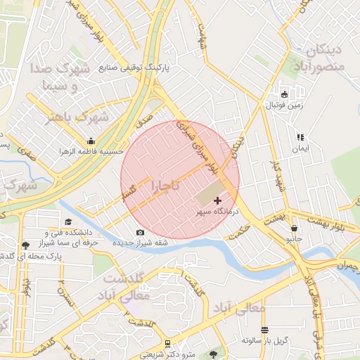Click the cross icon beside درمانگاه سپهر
(217, 201)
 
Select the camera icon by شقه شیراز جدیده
(140, 233)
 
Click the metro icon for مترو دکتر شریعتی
(167, 343)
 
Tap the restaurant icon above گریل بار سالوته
(264, 330)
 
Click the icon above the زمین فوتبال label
(284, 94)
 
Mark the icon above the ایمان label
(300, 137)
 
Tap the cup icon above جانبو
(293, 229)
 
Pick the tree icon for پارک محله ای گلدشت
(26, 245)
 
